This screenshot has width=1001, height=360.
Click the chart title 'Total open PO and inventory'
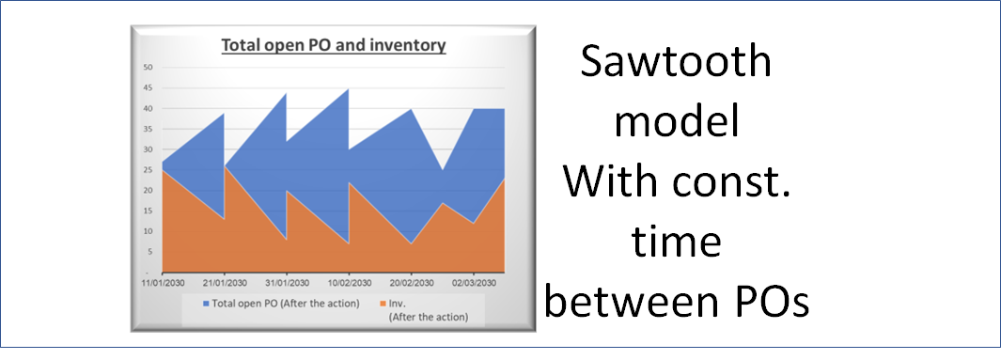tap(333, 44)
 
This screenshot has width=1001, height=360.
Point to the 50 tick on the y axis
tap(148, 68)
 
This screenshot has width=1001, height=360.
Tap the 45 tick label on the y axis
tap(148, 88)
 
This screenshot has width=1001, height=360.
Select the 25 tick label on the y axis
tap(148, 170)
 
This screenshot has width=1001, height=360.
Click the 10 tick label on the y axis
tap(148, 231)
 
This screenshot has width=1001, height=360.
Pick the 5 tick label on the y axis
tap(149, 251)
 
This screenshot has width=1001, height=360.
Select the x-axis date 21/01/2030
tap(225, 281)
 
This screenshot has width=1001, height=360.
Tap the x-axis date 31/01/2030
tap(287, 281)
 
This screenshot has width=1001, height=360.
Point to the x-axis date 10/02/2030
tap(349, 281)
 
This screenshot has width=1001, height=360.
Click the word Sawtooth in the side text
tap(677, 63)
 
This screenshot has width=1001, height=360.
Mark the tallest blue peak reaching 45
tap(348, 90)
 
